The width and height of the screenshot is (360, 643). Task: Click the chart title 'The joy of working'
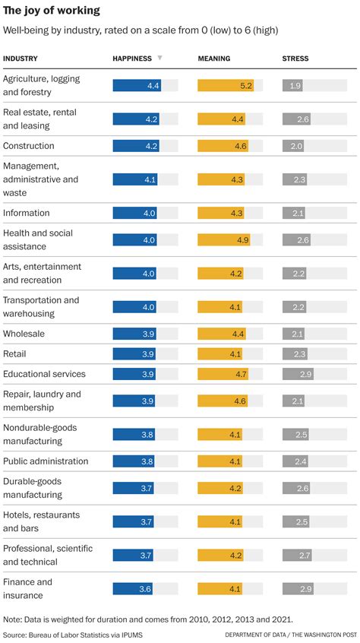(51, 11)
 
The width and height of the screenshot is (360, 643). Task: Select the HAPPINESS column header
(132, 59)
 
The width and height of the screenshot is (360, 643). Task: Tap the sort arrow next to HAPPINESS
(159, 59)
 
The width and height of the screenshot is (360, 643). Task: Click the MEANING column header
(214, 59)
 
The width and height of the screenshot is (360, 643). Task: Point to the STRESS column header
(295, 59)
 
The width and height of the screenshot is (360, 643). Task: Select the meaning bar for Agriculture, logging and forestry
(226, 86)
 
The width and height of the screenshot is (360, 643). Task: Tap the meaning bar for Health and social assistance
(224, 239)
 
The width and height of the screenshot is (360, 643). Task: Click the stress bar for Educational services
(298, 374)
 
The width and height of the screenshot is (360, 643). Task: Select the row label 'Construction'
(29, 146)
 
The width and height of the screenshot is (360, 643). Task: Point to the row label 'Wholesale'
(24, 334)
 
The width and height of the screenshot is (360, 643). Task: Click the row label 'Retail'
(15, 354)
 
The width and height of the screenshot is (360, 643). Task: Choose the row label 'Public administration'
(46, 461)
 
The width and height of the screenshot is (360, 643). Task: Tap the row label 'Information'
(27, 213)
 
